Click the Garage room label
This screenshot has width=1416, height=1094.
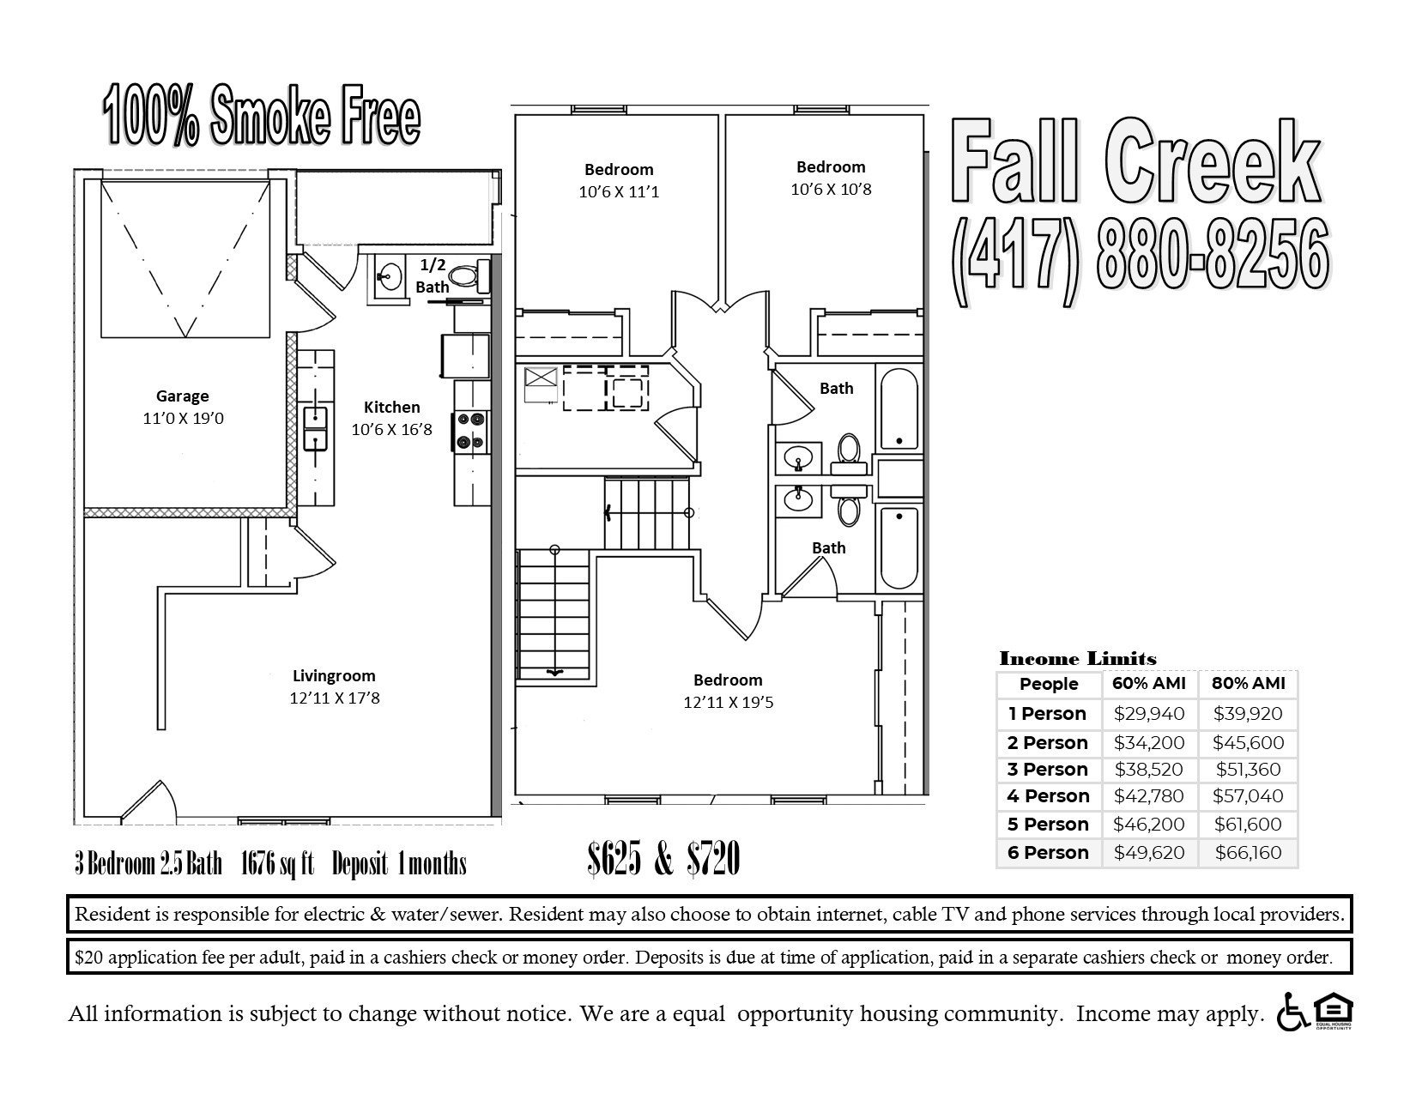point(182,396)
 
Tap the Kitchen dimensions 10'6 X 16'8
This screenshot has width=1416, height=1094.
point(391,429)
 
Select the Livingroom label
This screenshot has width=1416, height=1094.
point(334,675)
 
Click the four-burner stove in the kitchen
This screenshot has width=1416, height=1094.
point(471,432)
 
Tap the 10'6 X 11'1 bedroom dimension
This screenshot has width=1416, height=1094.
point(619,192)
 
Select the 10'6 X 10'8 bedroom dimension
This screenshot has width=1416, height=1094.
point(830,189)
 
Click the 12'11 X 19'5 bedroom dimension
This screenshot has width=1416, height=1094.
point(728,703)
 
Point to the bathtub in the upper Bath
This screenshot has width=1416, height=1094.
point(899,409)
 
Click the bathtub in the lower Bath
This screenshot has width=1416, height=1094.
point(899,547)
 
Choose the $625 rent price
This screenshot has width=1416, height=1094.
point(614,860)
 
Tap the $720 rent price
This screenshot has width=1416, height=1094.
point(713,860)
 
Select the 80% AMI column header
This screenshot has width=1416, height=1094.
point(1248,684)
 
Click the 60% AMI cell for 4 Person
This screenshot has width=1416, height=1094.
point(1149,796)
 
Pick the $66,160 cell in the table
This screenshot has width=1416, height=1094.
point(1248,853)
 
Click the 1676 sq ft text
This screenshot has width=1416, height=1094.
point(276,863)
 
